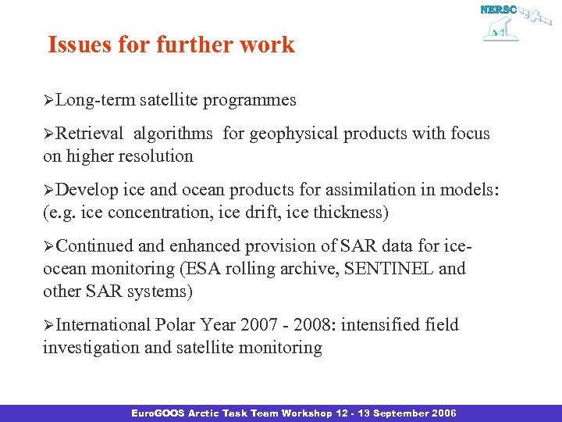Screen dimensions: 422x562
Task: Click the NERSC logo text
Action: [x=496, y=10]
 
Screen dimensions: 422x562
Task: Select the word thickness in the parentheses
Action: [x=350, y=212]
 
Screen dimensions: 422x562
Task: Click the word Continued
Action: [x=94, y=246]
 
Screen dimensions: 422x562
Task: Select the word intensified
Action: [x=382, y=324]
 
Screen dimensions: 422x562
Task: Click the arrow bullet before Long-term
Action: [x=48, y=101]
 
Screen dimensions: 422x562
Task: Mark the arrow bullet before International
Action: [x=48, y=325]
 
